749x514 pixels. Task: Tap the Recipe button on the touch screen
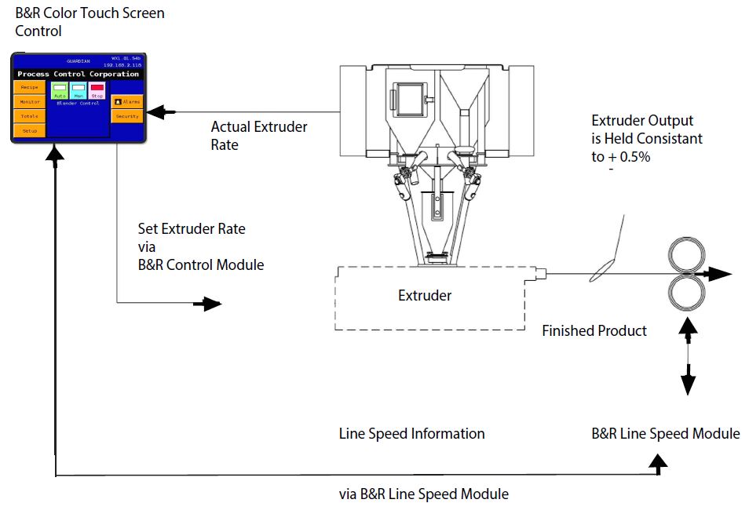[x=29, y=87]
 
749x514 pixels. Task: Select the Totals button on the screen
[x=29, y=115]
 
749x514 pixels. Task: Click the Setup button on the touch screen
[x=29, y=130]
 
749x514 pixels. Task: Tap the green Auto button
[x=60, y=91]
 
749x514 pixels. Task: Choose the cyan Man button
[x=78, y=91]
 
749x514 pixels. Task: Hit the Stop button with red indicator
[x=97, y=91]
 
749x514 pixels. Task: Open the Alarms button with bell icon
[x=126, y=101]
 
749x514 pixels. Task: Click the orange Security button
[x=126, y=116]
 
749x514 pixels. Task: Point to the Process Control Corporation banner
[x=79, y=74]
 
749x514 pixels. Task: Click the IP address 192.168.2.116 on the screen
[x=122, y=65]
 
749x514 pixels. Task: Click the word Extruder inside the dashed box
[x=425, y=296]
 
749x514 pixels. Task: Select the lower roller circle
[x=688, y=294]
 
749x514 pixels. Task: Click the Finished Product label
[x=594, y=330]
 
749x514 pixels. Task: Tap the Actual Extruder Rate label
[x=259, y=135]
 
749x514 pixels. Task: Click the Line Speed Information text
[x=411, y=433]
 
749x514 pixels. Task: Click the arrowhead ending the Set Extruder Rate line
[x=213, y=304]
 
